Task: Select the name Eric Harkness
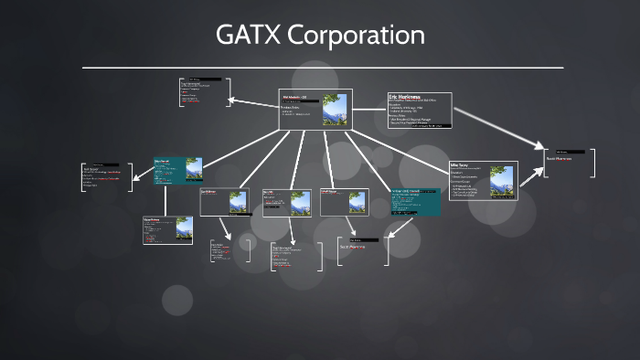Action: click(404, 96)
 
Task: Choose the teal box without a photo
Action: click(415, 202)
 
